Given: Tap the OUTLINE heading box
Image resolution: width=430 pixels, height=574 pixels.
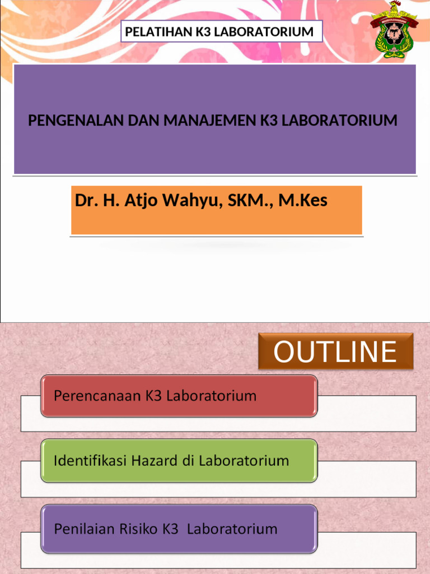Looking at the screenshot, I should pos(335,351).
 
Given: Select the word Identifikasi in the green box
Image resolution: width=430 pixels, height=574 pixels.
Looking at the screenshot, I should pos(90,461).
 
